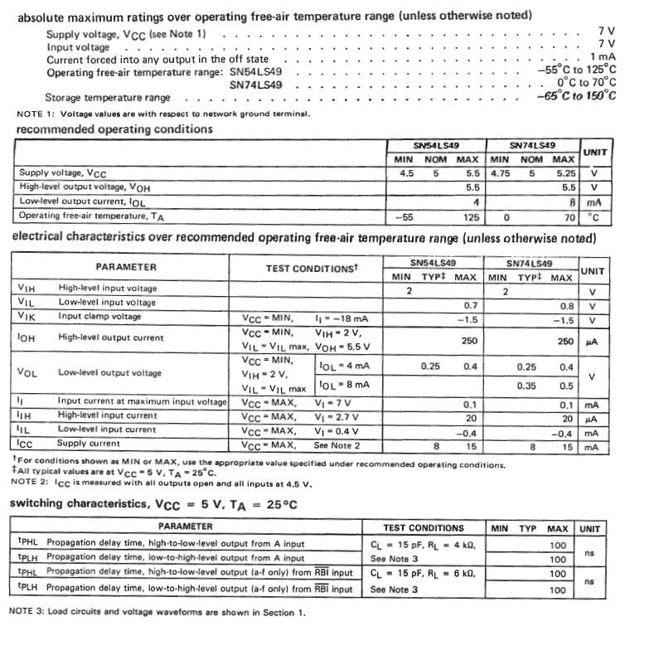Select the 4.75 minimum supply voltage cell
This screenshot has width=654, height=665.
tap(501, 172)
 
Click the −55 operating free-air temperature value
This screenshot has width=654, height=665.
tap(403, 216)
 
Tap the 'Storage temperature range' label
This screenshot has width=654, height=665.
tap(108, 97)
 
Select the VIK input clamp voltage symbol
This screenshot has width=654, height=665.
tap(27, 317)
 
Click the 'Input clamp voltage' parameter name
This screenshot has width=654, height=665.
tap(99, 317)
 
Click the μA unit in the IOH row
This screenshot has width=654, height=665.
tap(591, 341)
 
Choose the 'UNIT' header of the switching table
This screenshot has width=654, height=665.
tap(590, 528)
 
